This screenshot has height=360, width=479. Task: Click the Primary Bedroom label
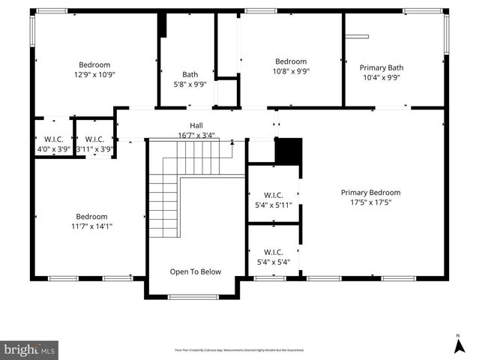tap(370, 192)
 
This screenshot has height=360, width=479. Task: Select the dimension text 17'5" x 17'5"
tap(370, 202)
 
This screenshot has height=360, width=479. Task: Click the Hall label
tap(196, 125)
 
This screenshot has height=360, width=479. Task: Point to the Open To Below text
tap(195, 271)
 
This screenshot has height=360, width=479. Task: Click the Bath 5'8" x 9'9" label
tap(190, 79)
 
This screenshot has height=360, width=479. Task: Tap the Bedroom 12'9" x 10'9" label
tap(94, 70)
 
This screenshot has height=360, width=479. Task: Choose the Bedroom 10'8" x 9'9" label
tap(290, 67)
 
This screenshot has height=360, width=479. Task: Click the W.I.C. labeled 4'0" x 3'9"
tap(53, 144)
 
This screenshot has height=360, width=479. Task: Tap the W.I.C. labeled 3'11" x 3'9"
tap(94, 144)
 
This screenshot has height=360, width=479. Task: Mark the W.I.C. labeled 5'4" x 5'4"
tap(273, 257)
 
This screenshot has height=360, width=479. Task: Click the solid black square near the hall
tap(288, 151)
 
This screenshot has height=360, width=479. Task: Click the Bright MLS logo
tap(29, 349)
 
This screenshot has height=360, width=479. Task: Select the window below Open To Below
tap(193, 297)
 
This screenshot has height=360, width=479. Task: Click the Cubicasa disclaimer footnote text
tap(239, 349)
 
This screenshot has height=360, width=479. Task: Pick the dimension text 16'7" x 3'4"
tap(196, 136)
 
